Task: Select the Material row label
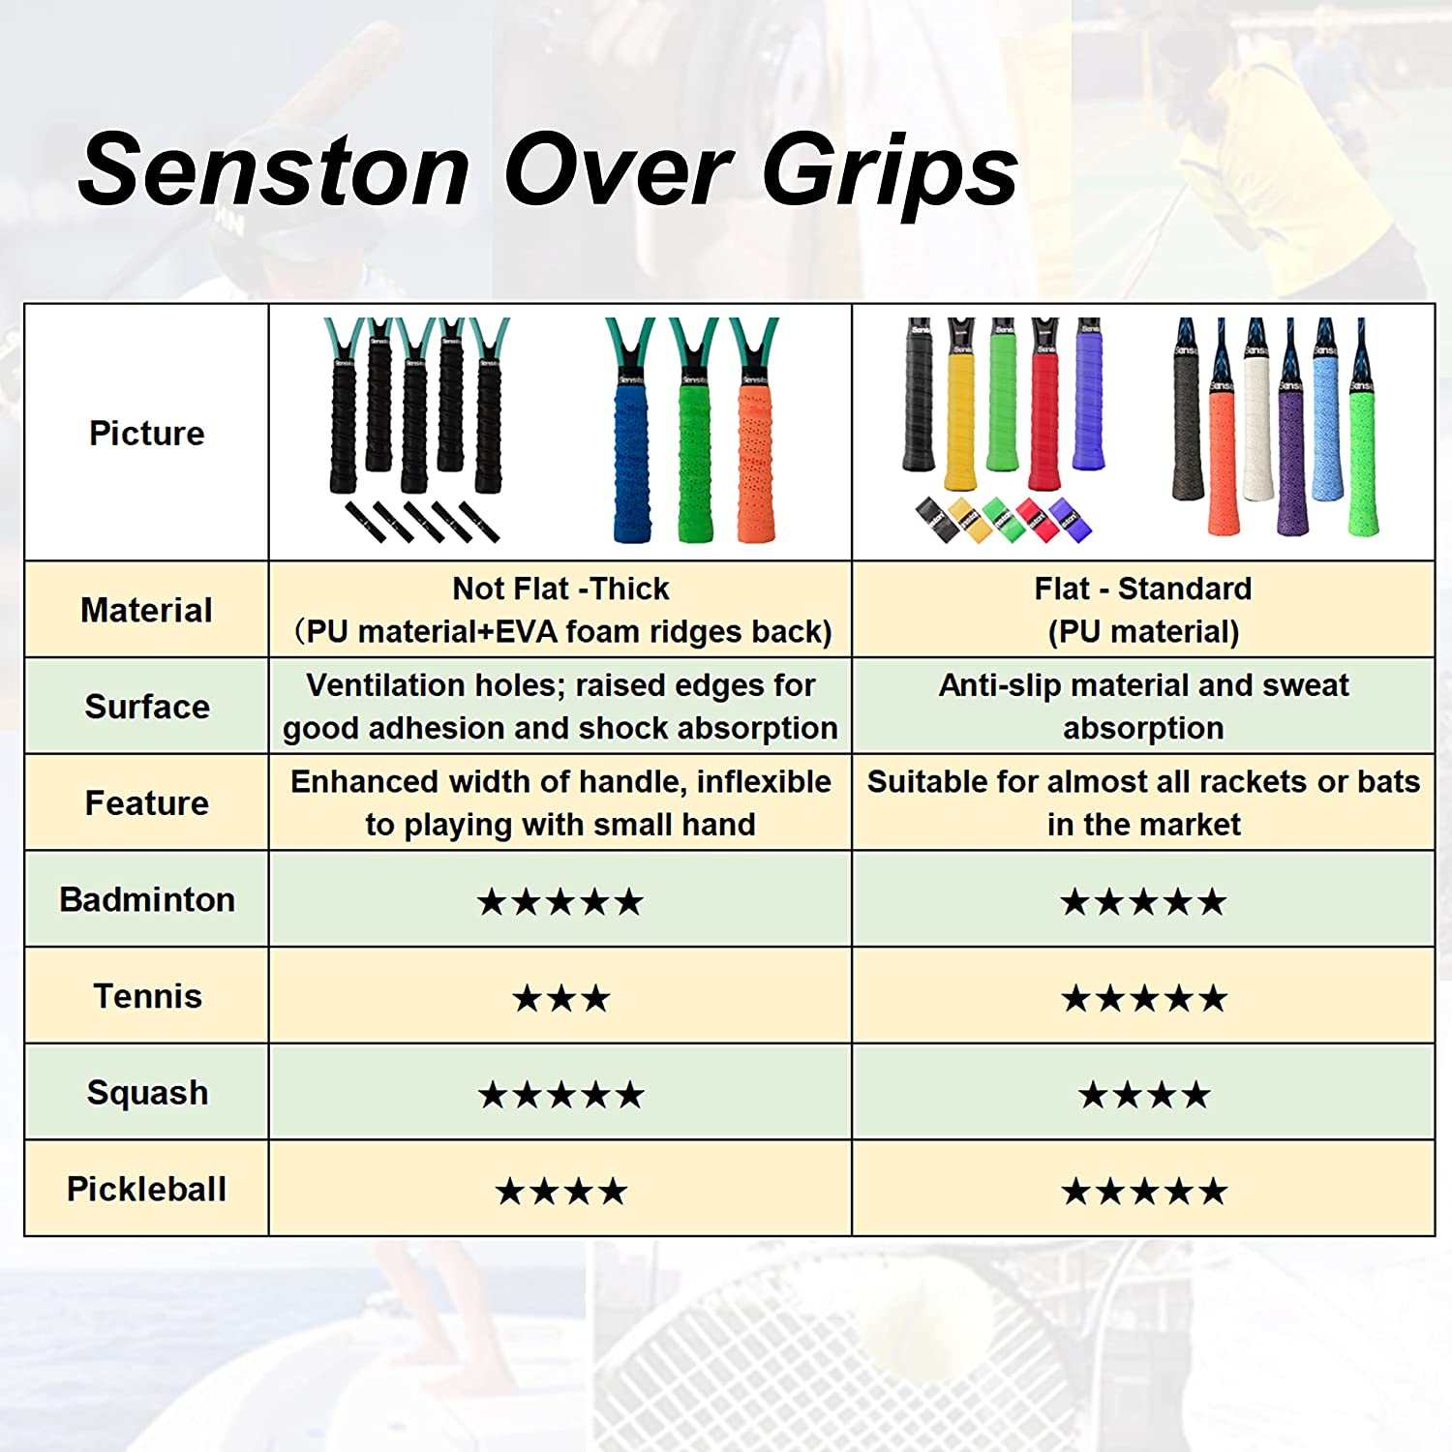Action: tap(146, 610)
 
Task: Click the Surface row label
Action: tap(146, 707)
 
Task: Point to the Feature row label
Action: tap(146, 802)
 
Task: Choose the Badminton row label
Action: tap(146, 899)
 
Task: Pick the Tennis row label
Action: tap(147, 996)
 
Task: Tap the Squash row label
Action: tap(147, 1093)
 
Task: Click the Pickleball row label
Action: tap(146, 1189)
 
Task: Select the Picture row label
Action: tap(146, 433)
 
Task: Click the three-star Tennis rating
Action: tap(560, 998)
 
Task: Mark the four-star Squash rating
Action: tap(1143, 1095)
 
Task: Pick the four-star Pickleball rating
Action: tap(560, 1192)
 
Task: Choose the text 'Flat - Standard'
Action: tap(1142, 589)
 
